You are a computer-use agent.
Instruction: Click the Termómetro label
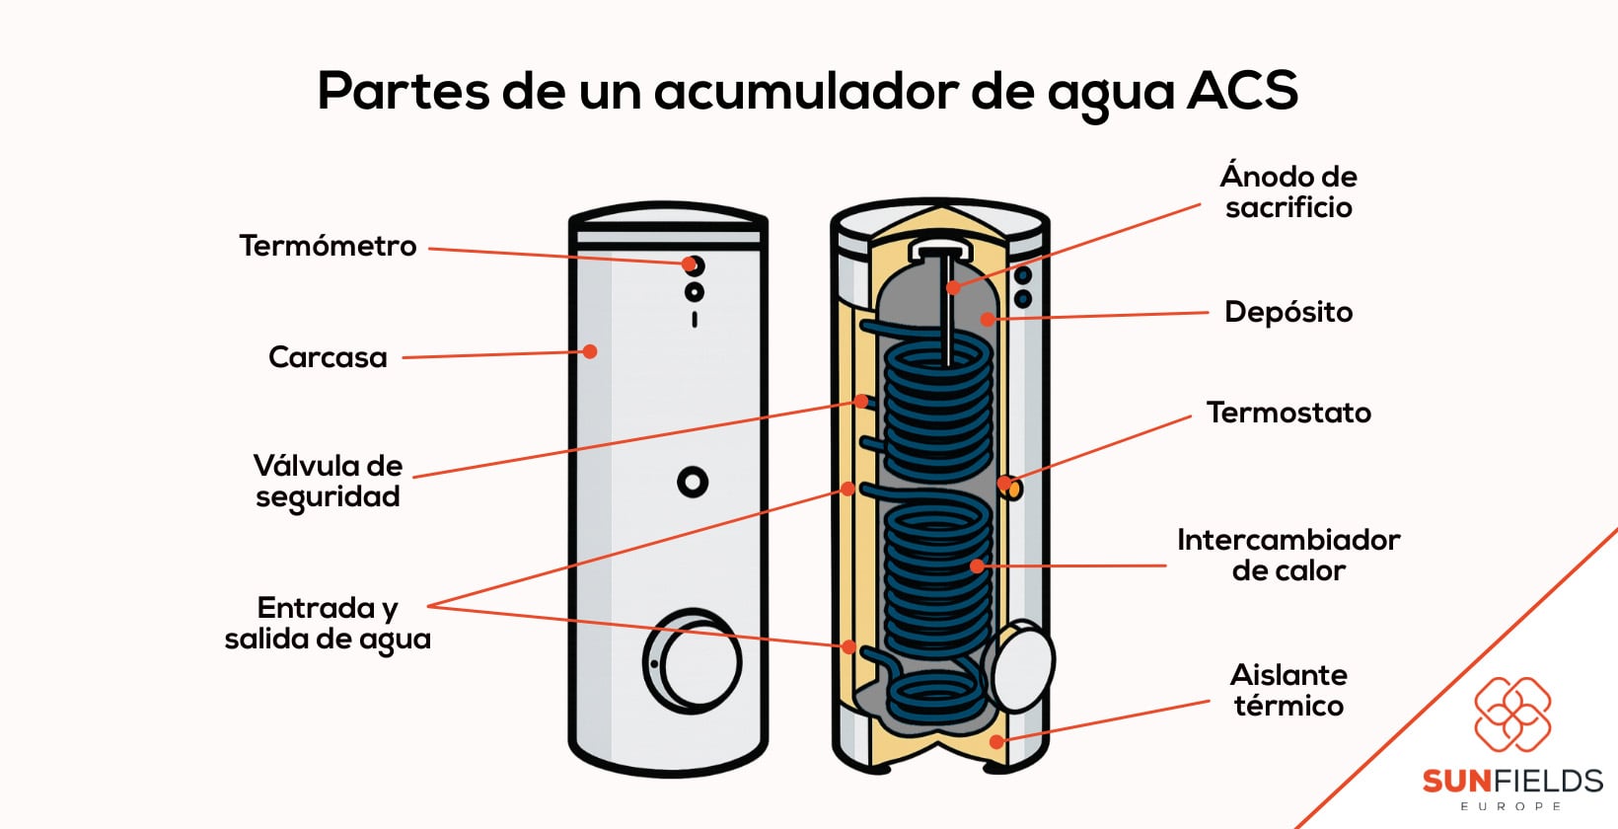point(328,246)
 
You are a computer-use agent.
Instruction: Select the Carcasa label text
point(328,357)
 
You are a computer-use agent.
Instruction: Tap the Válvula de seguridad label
point(328,481)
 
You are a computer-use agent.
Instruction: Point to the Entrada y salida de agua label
point(328,623)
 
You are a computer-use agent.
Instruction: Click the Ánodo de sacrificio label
point(1288,191)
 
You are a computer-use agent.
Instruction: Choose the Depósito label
point(1288,312)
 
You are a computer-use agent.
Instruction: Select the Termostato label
point(1288,413)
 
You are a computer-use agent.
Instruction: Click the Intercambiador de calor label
point(1288,555)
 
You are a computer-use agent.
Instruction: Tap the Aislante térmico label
point(1288,690)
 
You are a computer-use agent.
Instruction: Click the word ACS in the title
point(1242,91)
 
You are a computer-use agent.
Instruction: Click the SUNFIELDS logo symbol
point(1512,714)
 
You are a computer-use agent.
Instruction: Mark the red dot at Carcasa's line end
point(590,351)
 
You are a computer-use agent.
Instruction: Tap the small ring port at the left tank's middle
point(693,482)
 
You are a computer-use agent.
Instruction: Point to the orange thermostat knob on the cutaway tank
point(1012,488)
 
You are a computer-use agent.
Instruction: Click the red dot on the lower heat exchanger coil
point(977,566)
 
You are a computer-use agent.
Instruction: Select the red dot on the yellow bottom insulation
point(996,741)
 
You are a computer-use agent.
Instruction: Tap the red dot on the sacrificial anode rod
point(953,288)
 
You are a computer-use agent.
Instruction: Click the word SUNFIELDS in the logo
point(1511,782)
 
